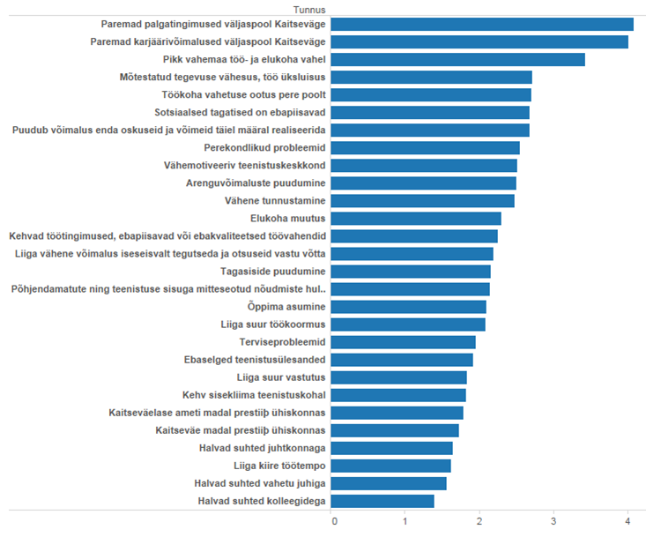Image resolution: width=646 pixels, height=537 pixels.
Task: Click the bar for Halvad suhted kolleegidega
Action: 383,501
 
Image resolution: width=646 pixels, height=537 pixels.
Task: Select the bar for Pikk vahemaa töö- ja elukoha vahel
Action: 458,60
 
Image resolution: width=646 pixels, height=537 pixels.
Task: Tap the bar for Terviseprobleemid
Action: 404,342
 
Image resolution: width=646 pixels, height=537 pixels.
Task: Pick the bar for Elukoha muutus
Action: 417,219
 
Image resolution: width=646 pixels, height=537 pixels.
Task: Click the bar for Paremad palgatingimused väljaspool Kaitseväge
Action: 483,25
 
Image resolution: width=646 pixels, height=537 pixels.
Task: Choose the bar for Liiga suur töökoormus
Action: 409,324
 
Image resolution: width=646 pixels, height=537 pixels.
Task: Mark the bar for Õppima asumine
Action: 409,307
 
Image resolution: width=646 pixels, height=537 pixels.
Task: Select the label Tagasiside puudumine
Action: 273,272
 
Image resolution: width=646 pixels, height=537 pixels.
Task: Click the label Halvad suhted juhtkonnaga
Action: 263,448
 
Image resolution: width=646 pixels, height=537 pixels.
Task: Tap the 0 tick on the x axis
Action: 334,522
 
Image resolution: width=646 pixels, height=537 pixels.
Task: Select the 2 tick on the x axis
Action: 479,522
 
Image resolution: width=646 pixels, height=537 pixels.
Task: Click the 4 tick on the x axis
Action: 627,522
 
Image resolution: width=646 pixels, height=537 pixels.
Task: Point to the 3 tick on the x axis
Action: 553,522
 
